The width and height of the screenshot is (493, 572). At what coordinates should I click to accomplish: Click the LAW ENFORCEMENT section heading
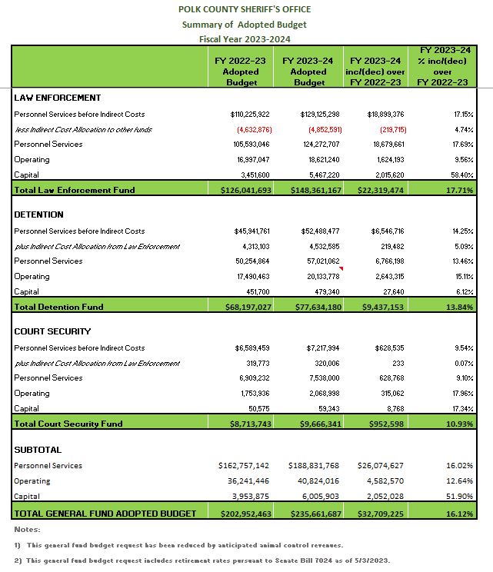58,98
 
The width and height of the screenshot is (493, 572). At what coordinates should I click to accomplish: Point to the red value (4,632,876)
251,129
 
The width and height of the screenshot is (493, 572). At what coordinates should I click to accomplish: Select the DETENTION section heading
39,214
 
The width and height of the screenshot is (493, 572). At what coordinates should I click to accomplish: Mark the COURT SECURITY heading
52,331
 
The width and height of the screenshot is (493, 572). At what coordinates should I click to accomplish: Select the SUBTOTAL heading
38,450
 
